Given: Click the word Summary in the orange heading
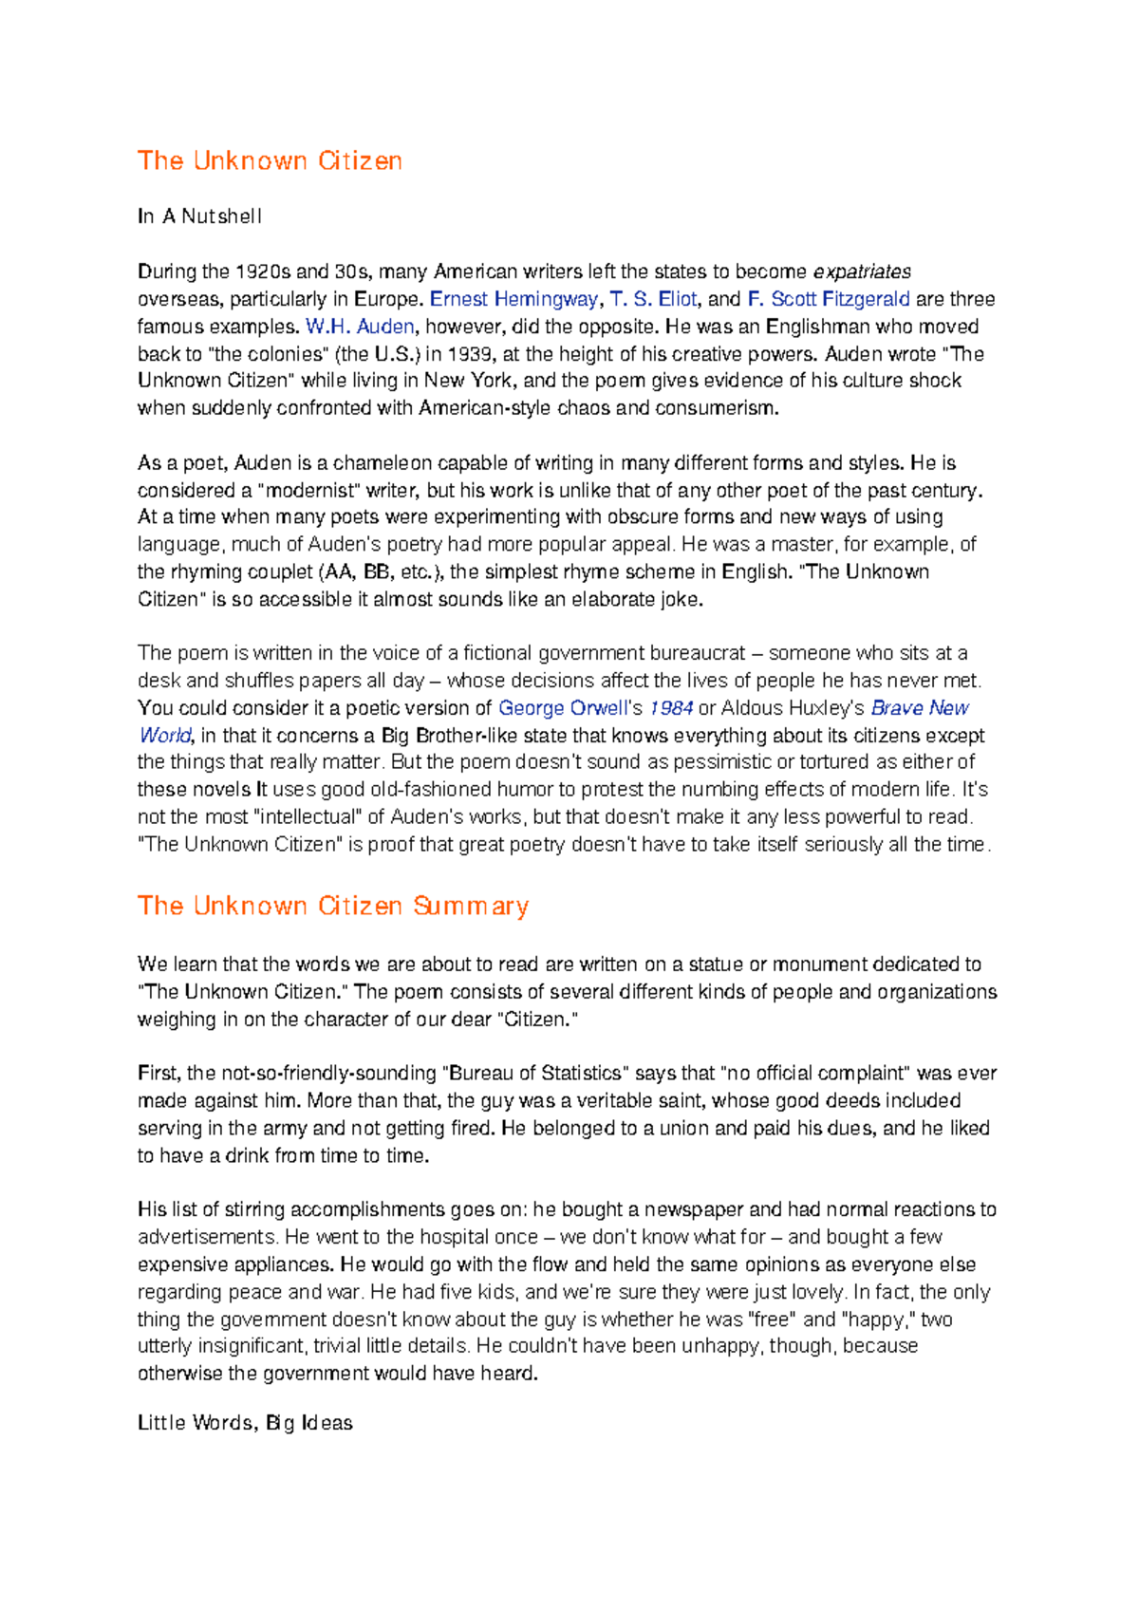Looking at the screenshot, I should click(x=471, y=907).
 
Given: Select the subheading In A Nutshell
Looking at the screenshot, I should click(x=199, y=216).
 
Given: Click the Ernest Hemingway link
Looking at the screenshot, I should click(x=513, y=299).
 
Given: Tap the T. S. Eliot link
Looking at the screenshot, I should click(x=653, y=299).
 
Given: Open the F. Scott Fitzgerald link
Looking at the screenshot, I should click(x=829, y=299).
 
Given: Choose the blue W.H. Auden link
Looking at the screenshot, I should click(x=360, y=327).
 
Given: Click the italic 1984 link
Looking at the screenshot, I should click(x=671, y=708).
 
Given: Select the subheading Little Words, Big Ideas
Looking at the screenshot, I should click(x=245, y=1423).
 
